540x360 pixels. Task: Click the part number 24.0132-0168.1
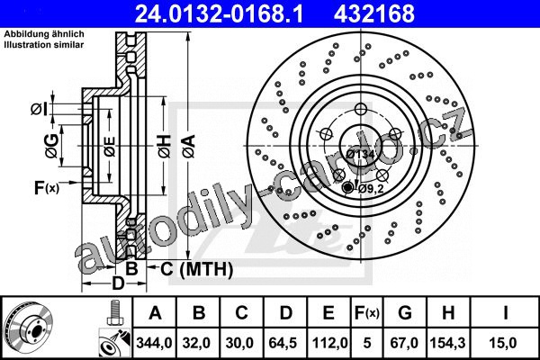(219, 13)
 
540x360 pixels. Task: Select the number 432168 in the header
(374, 13)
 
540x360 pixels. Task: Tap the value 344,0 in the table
(154, 343)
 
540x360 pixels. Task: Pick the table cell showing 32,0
(196, 343)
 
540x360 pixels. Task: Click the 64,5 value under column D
(283, 343)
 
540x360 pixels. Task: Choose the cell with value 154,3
(447, 343)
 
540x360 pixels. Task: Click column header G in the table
(405, 313)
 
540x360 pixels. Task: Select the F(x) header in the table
(367, 313)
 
